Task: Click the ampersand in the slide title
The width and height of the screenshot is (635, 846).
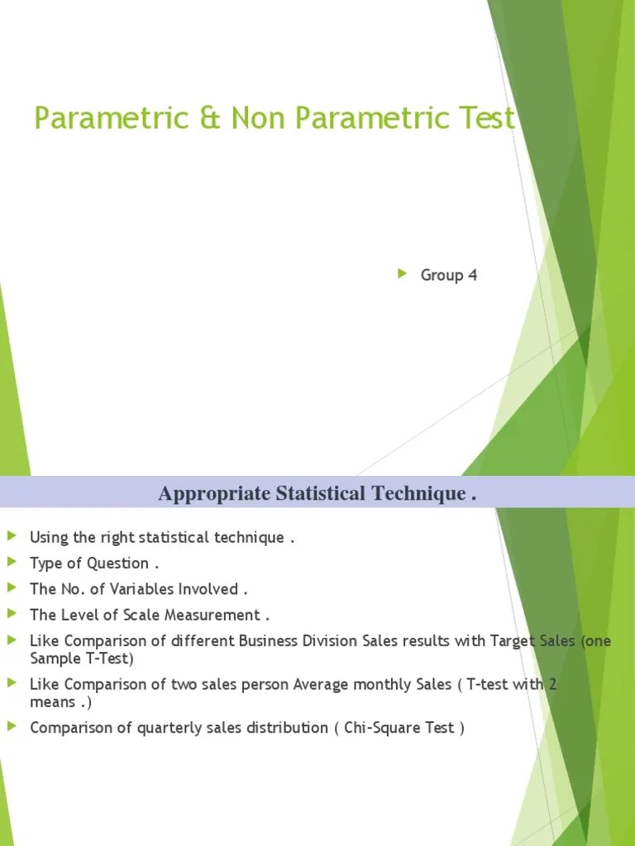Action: pyautogui.click(x=212, y=118)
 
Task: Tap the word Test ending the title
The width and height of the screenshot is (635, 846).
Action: pyautogui.click(x=486, y=118)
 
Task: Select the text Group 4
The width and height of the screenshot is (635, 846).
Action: pyautogui.click(x=449, y=275)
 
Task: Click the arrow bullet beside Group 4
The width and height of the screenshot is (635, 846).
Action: pyautogui.click(x=403, y=274)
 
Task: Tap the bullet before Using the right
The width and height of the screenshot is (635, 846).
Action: pyautogui.click(x=11, y=537)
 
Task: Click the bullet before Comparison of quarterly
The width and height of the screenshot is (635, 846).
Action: pyautogui.click(x=11, y=727)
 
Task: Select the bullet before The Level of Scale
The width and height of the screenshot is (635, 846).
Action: pyautogui.click(x=11, y=614)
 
